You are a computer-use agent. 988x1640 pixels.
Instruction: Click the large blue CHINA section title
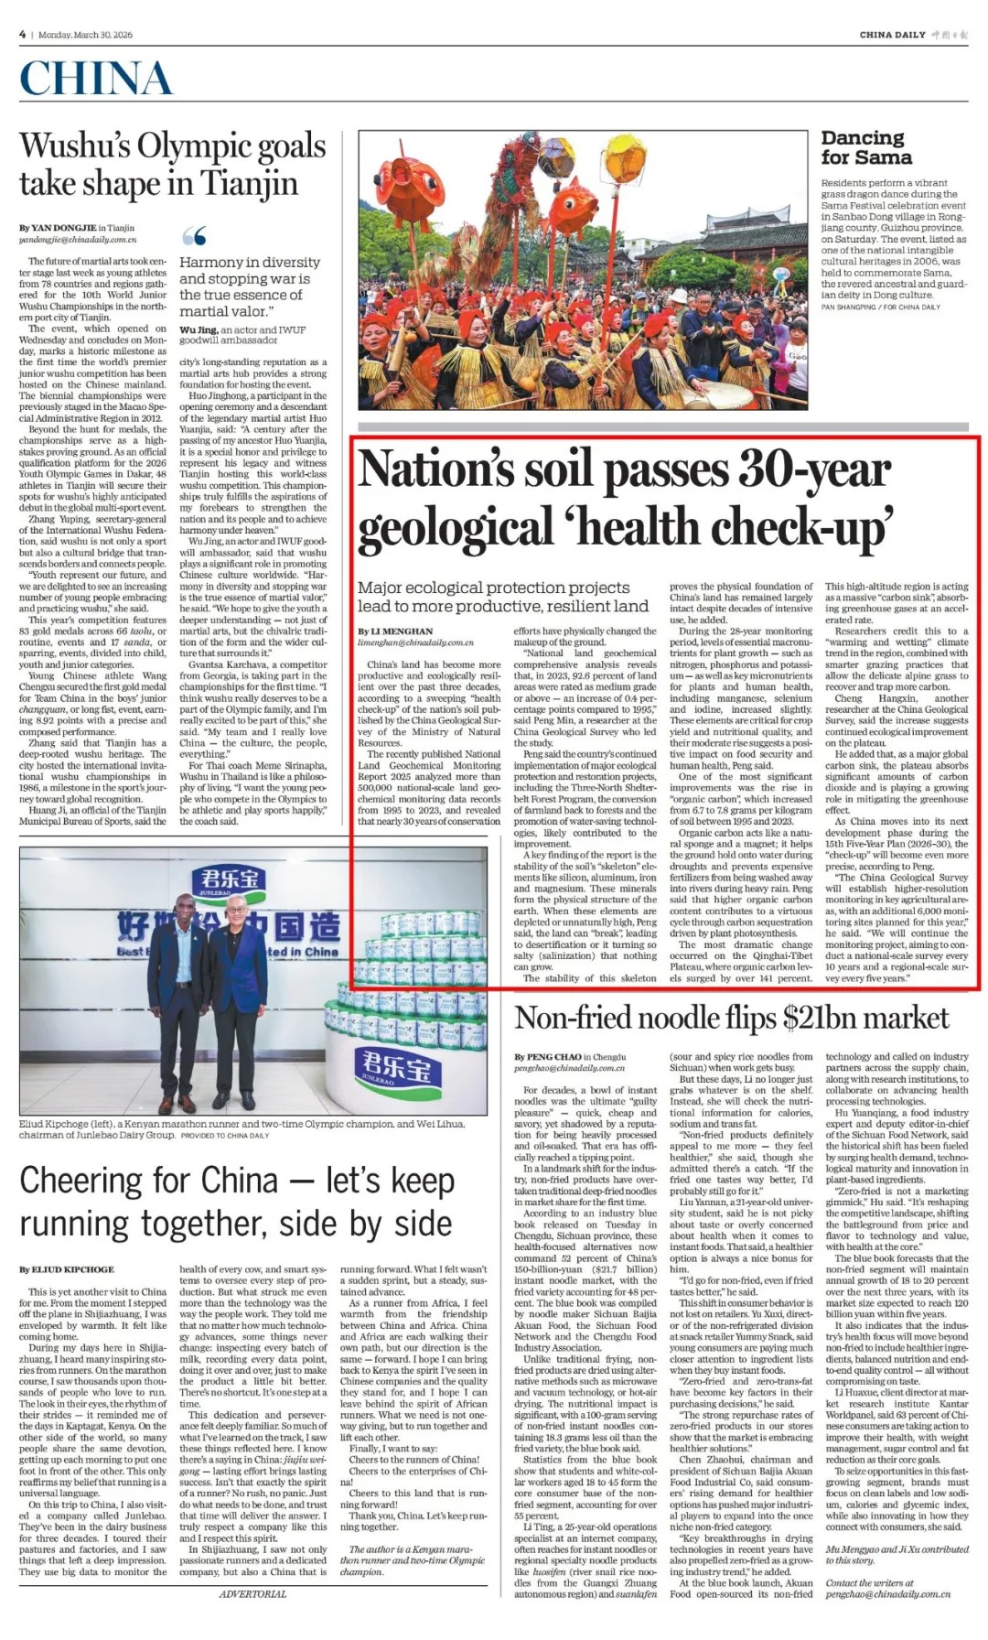pyautogui.click(x=96, y=80)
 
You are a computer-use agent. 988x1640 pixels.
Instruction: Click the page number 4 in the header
pyautogui.click(x=22, y=35)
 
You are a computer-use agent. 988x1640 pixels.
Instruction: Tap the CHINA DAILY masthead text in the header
pyautogui.click(x=892, y=35)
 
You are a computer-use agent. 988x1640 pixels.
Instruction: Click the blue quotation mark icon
pyautogui.click(x=194, y=236)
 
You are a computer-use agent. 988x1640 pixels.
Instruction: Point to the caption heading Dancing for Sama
pyautogui.click(x=865, y=147)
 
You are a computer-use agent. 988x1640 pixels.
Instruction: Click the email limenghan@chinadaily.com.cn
pyautogui.click(x=415, y=642)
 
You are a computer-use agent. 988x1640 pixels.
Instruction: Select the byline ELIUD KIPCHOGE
pyautogui.click(x=72, y=1269)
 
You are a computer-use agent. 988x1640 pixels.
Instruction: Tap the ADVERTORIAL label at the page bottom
pyautogui.click(x=252, y=1593)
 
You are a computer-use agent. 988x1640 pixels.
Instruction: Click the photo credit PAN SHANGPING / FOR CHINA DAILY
pyautogui.click(x=880, y=307)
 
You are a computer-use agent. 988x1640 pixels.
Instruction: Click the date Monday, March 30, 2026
pyautogui.click(x=85, y=35)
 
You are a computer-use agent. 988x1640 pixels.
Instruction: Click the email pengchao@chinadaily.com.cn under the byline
pyautogui.click(x=569, y=1068)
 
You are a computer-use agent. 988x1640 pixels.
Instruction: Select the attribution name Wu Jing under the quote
pyautogui.click(x=199, y=329)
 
